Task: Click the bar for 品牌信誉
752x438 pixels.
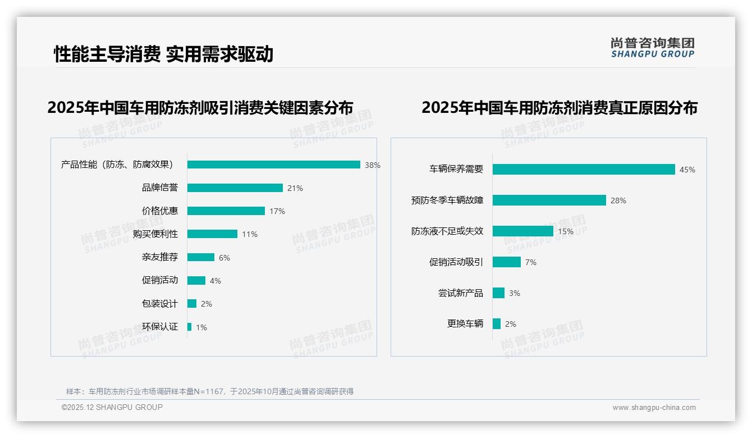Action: click(x=235, y=188)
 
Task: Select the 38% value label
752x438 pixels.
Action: click(x=373, y=165)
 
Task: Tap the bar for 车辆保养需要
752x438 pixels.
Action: click(x=584, y=170)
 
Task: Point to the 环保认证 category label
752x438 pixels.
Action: click(x=160, y=327)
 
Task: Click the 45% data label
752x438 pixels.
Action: click(x=687, y=170)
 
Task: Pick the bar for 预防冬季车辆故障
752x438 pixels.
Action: click(x=549, y=200)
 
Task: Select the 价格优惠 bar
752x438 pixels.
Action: click(x=226, y=211)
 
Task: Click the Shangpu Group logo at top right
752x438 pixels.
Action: click(x=653, y=48)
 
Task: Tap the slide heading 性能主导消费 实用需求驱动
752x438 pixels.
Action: click(x=163, y=54)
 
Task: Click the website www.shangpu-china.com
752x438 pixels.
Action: click(x=654, y=408)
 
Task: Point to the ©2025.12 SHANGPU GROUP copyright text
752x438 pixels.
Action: click(x=112, y=408)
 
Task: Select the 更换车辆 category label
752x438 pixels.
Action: click(x=465, y=324)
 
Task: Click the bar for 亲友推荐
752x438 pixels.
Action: click(x=200, y=257)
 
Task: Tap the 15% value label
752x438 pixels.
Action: click(x=566, y=231)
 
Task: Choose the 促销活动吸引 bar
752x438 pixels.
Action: click(x=506, y=262)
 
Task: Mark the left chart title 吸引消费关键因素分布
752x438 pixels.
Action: click(x=200, y=107)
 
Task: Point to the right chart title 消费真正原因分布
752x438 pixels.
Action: click(x=560, y=107)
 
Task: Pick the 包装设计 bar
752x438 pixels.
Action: click(x=191, y=304)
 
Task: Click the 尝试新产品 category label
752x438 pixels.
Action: click(x=460, y=293)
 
